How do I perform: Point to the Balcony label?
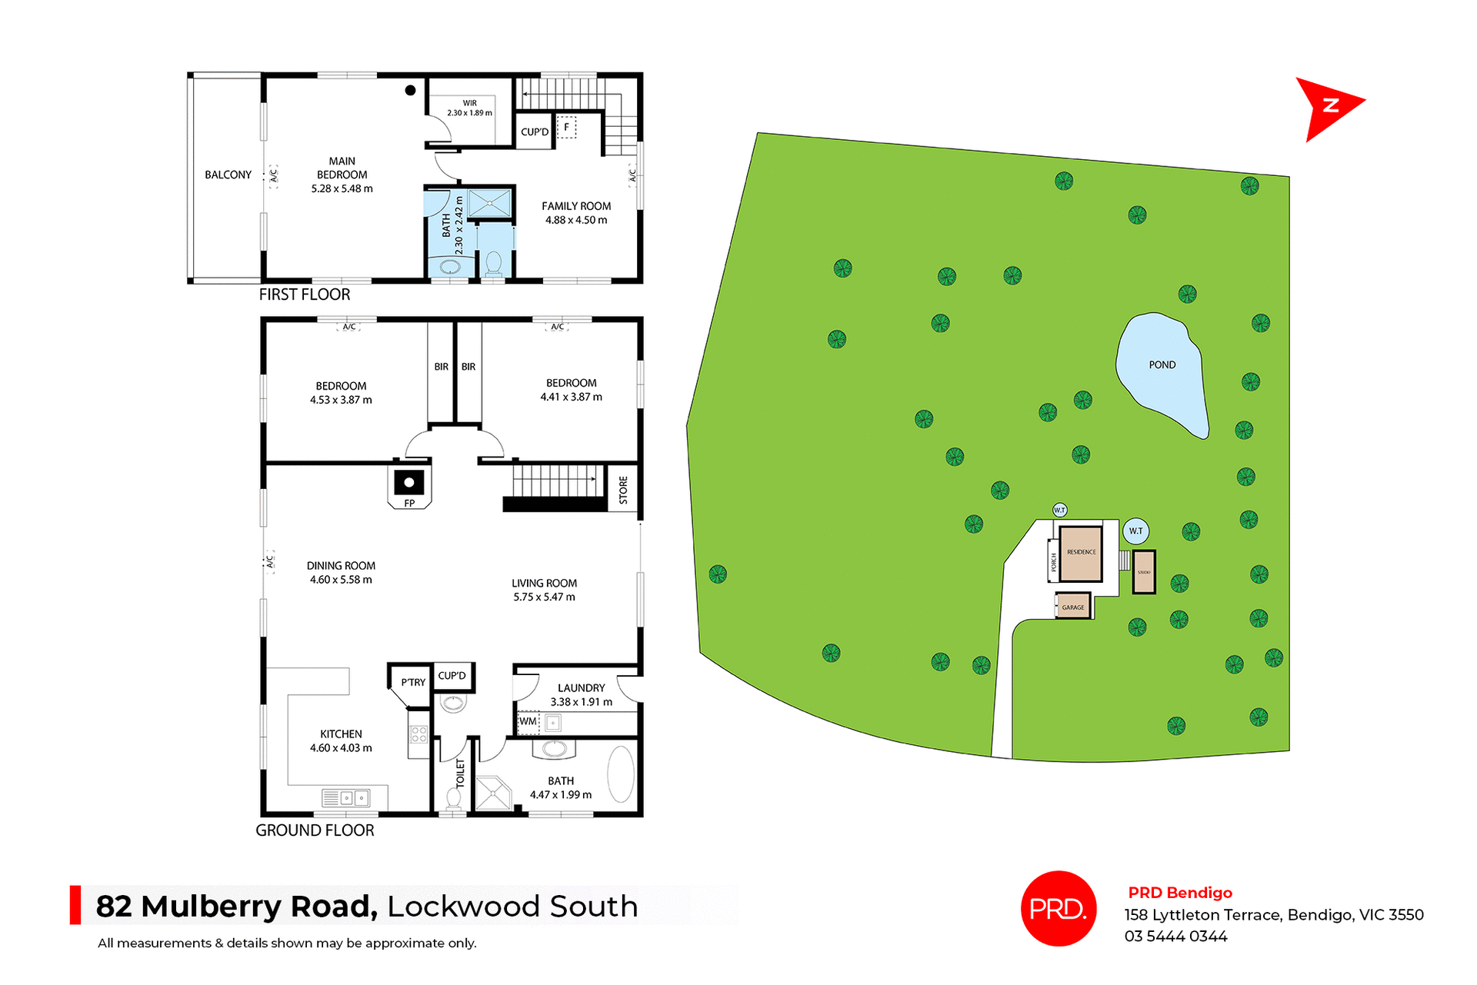[x=228, y=175]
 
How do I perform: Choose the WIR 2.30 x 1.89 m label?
[x=469, y=108]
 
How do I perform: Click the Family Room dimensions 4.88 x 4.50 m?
[x=576, y=221]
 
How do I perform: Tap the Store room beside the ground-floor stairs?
[x=623, y=490]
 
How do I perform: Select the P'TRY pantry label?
[x=413, y=683]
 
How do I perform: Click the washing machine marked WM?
[x=528, y=722]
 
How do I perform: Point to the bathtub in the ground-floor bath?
[x=621, y=774]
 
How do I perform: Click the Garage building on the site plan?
[x=1073, y=607]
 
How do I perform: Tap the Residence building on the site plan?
[x=1081, y=553]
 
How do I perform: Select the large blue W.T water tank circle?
[x=1136, y=531]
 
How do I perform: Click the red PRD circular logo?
[x=1058, y=909]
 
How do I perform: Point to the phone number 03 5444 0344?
[x=1175, y=937]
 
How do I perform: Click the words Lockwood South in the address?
[x=512, y=907]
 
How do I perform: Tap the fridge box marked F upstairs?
[x=567, y=128]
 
